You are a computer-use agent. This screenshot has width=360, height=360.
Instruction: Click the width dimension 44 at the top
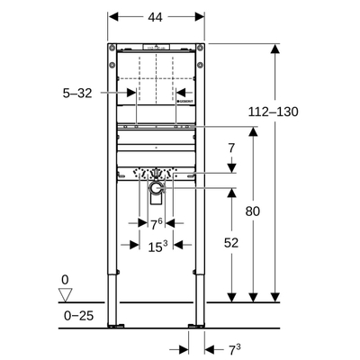coord(156,17)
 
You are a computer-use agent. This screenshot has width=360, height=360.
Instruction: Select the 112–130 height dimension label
coord(273,112)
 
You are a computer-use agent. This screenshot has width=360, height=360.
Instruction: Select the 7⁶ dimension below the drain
coord(156,224)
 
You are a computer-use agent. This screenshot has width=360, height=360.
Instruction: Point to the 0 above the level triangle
coord(65,281)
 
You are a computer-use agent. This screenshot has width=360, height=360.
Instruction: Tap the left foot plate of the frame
coord(115,325)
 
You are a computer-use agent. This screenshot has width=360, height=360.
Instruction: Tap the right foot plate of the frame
coord(196,325)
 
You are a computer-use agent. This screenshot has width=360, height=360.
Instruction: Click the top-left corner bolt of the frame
coord(112,48)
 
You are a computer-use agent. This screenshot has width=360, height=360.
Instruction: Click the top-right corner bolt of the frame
coord(199,48)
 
